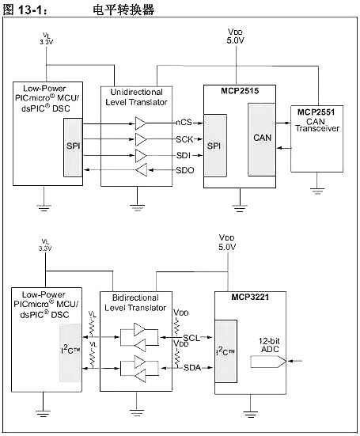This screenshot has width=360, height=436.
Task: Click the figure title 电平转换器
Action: point(123,10)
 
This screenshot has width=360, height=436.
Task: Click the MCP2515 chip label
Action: point(240,93)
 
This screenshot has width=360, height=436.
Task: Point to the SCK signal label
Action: point(185,138)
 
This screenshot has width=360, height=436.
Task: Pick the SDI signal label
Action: point(184,154)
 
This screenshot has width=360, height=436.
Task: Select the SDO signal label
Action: point(185,170)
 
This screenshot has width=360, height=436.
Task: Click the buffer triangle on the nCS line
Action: point(141,123)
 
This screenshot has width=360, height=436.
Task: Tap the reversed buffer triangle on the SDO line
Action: point(141,170)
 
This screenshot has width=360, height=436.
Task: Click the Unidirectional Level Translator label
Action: point(137,98)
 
